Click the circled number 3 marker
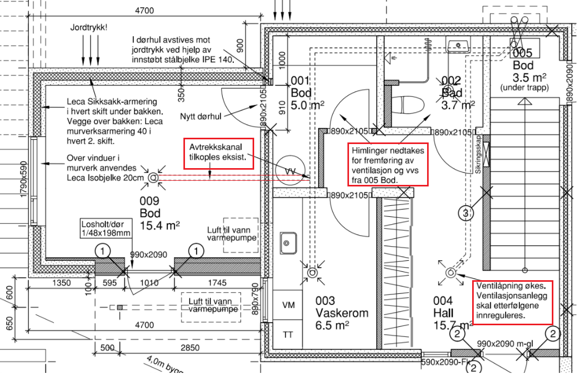[x=465, y=213]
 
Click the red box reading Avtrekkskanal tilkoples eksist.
[x=219, y=153]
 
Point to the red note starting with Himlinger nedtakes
[x=387, y=164]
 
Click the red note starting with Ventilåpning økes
[x=512, y=302]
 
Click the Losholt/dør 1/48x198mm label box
[x=107, y=228]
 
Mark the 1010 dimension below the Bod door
[x=150, y=283]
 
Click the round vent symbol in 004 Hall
[x=451, y=273]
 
